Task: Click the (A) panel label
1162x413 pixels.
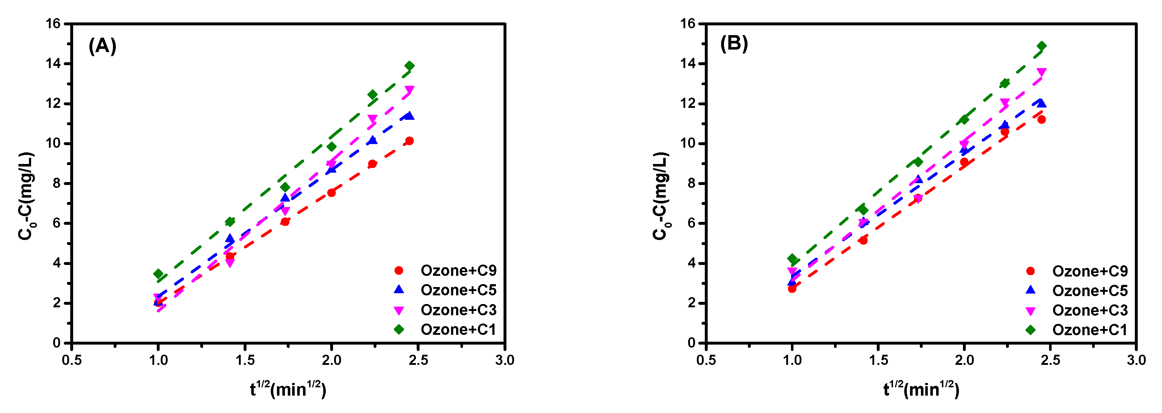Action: [x=102, y=46]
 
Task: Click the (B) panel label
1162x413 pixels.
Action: [x=734, y=44]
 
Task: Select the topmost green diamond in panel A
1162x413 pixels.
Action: [x=409, y=66]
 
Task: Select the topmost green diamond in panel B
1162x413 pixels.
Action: [x=1041, y=46]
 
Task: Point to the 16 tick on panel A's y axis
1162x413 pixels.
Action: [x=53, y=24]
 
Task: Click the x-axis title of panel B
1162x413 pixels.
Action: [x=921, y=389]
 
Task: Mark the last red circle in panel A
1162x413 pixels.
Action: [x=409, y=141]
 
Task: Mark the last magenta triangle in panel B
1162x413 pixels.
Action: [x=1041, y=72]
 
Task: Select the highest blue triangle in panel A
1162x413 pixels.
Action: [x=409, y=116]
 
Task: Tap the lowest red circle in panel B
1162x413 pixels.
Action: [x=792, y=288]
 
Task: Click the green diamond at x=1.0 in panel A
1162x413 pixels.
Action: [x=158, y=274]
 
